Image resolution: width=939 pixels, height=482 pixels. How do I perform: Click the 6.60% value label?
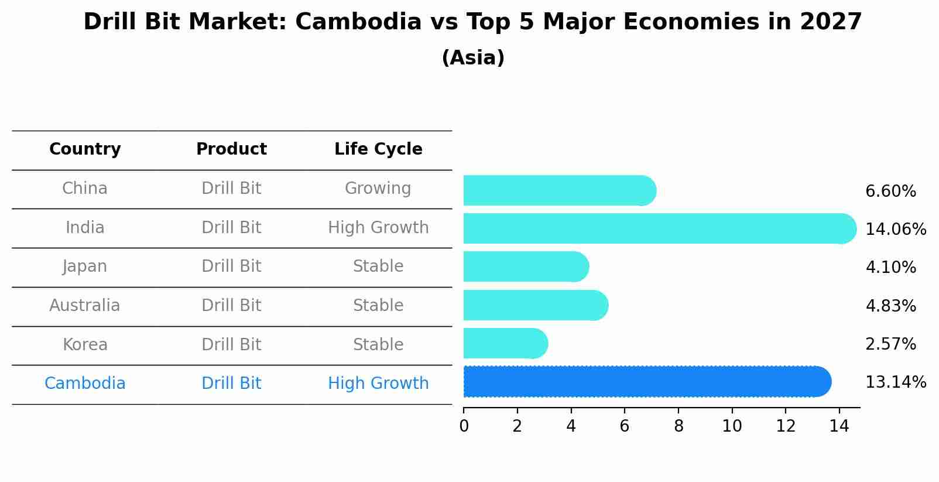coord(890,192)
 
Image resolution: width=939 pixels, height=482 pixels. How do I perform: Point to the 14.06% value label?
coord(895,230)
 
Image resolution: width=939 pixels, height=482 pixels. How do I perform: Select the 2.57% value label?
coord(890,344)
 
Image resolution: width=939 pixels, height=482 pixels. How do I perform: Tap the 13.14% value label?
coord(895,382)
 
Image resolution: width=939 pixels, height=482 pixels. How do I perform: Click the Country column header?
coord(85,149)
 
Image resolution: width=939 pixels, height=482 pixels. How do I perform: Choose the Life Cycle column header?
coord(378,149)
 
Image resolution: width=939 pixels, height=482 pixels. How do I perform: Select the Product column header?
coord(231,149)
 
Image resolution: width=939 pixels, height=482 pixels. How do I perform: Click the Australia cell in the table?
coord(85,306)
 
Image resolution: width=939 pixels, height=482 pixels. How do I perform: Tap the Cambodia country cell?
coord(85,384)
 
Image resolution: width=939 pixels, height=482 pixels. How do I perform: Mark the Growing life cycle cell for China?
coord(378,189)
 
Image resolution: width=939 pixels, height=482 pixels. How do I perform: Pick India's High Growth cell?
coord(378,228)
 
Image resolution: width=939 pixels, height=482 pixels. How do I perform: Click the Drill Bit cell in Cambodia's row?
coord(231,384)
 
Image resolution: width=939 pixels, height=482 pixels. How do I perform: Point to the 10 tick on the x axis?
coord(732,426)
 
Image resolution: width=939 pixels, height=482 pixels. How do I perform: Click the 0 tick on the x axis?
coord(464,426)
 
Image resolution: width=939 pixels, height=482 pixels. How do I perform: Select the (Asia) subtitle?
coord(473,58)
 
